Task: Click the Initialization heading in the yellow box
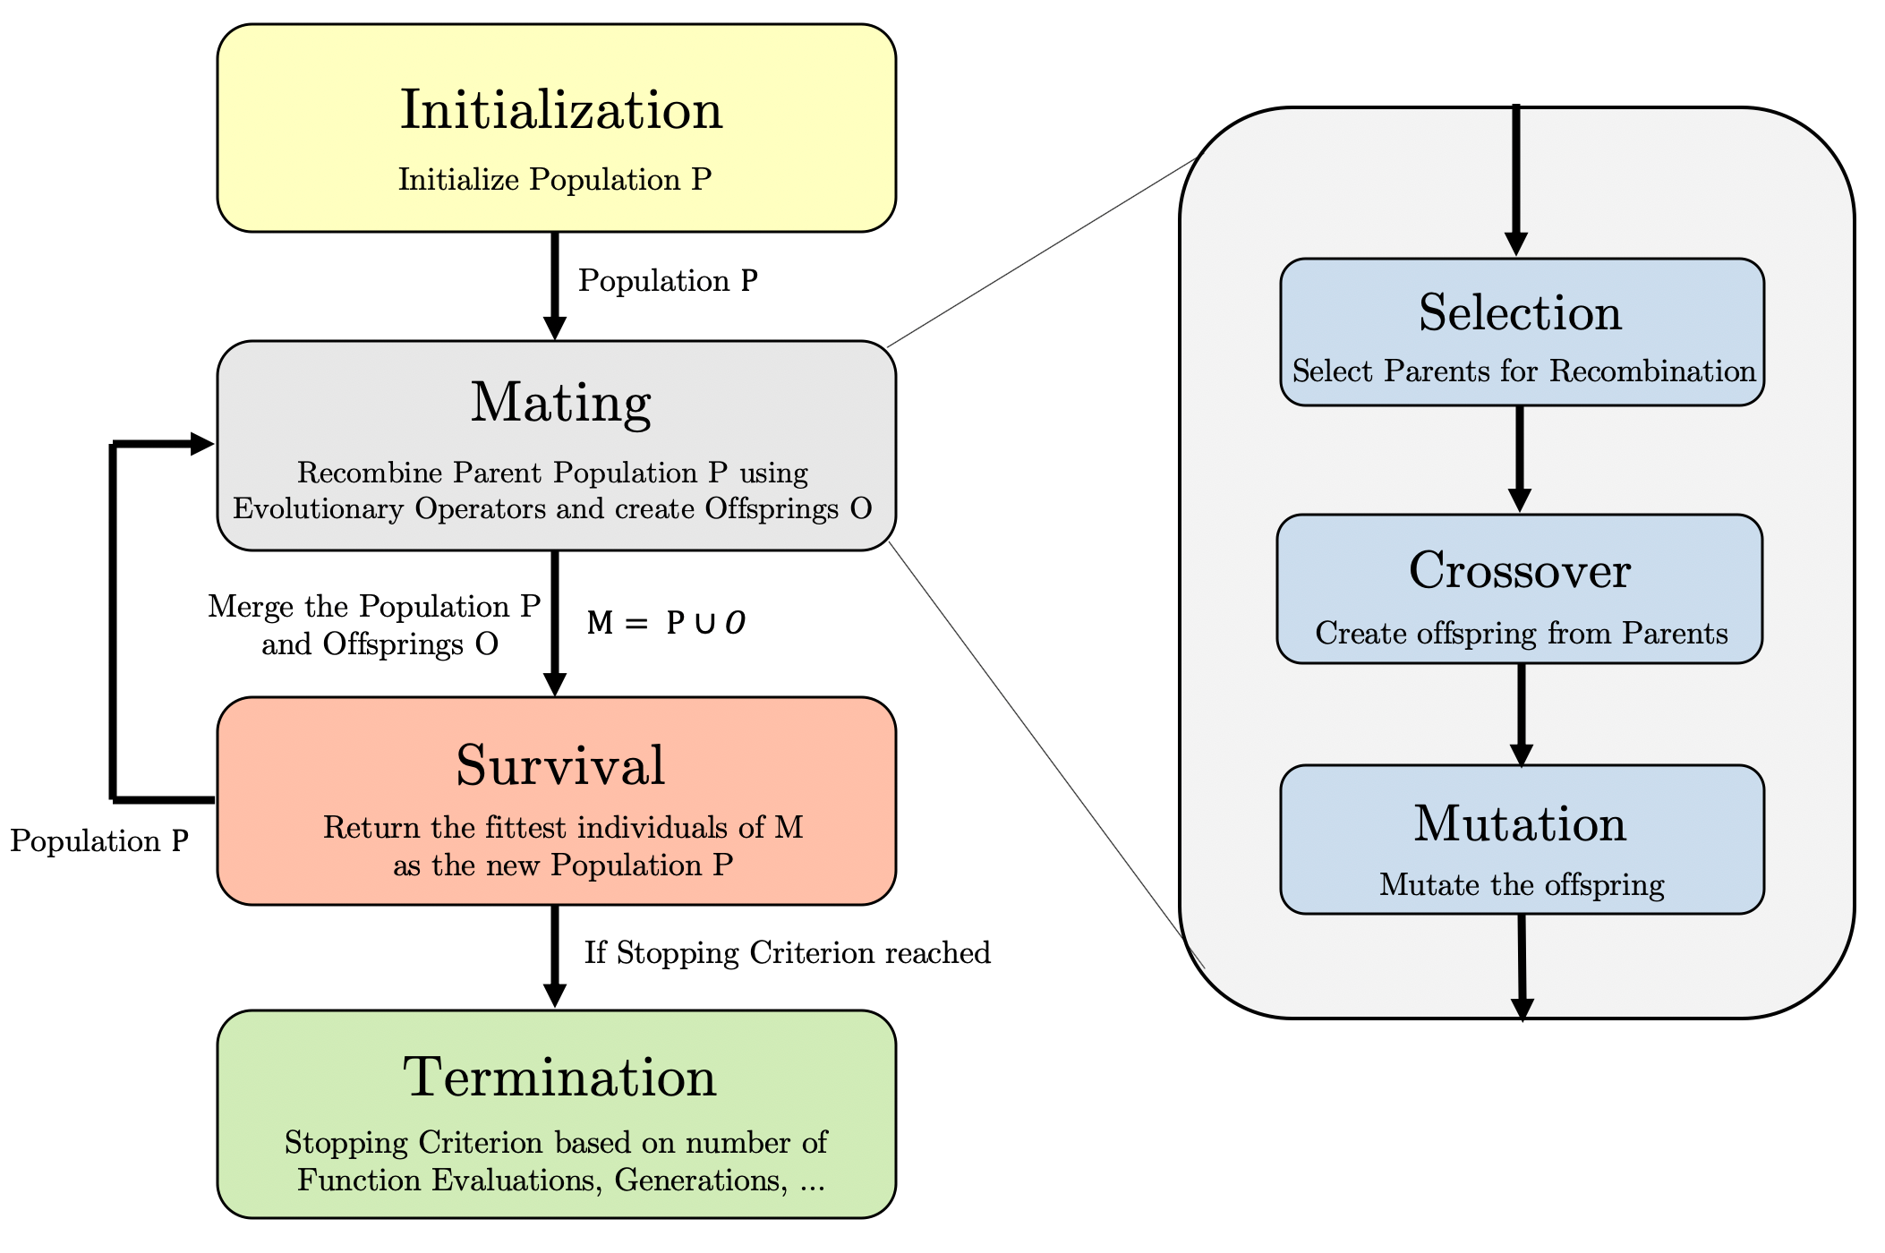(560, 110)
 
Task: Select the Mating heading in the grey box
(560, 403)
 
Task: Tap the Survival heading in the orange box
(560, 766)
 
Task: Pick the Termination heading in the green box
(560, 1077)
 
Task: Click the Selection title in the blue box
(1520, 313)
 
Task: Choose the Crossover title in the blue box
(1520, 570)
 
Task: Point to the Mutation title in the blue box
(1520, 823)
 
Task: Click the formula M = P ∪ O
(666, 623)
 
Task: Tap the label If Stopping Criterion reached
(787, 952)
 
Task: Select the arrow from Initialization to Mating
(555, 285)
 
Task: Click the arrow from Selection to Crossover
(1519, 458)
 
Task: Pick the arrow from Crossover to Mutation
(1521, 713)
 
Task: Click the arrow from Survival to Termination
(555, 954)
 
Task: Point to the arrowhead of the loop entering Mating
(200, 444)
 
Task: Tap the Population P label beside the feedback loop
(99, 841)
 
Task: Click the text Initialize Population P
(555, 180)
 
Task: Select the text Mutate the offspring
(1522, 885)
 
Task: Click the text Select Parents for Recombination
(1523, 371)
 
